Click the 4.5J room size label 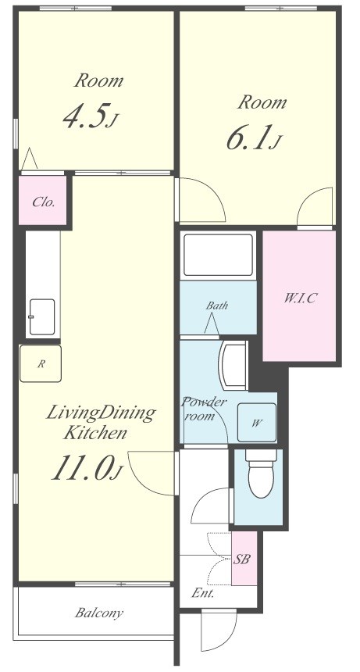(90, 116)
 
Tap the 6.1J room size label (254, 138)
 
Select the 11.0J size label (87, 467)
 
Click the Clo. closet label (44, 202)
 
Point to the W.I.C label (300, 298)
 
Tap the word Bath (217, 306)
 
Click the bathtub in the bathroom (218, 256)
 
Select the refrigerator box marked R (41, 363)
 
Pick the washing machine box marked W (257, 423)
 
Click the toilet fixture (260, 474)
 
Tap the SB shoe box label (242, 559)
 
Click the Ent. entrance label (203, 594)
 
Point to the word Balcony (99, 613)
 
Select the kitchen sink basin (42, 316)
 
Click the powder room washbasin (233, 365)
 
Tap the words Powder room (204, 409)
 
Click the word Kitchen (95, 433)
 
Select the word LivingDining (100, 413)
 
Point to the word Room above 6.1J (262, 102)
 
